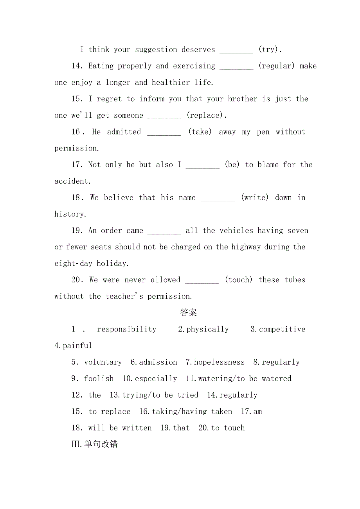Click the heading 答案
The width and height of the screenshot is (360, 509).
[x=188, y=313]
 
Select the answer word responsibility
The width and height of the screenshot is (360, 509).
[x=126, y=329]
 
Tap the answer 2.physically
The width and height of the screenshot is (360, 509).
[x=203, y=329]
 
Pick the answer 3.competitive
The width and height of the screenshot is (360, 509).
[x=278, y=329]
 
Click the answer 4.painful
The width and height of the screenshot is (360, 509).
[x=73, y=346]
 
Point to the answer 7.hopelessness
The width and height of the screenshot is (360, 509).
[x=215, y=362]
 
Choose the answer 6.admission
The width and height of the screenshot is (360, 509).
[x=154, y=362]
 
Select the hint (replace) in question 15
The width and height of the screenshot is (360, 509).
[x=205, y=115]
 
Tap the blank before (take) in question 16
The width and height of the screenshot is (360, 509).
[x=164, y=132]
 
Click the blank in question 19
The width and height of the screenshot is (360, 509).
[x=164, y=231]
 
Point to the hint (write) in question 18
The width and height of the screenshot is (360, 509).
[x=255, y=198]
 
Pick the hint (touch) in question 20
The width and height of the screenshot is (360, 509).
[x=238, y=280]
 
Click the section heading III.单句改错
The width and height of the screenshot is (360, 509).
[x=94, y=444]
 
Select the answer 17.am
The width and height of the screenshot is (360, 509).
[x=251, y=411]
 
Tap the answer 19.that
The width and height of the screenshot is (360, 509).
[x=175, y=428]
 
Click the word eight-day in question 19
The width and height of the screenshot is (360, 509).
[x=73, y=263]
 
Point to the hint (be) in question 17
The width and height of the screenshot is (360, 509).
[x=232, y=165]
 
